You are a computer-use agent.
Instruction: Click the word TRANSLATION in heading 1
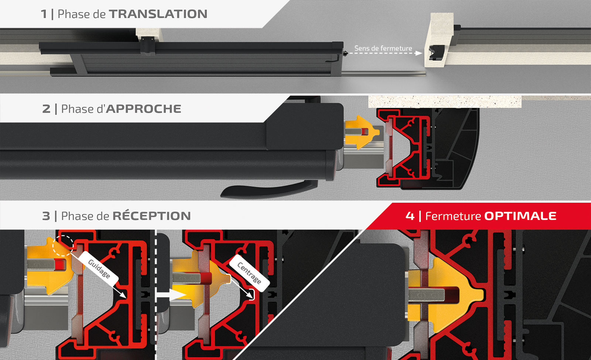click(158, 14)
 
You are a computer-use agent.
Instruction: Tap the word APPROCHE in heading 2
click(144, 109)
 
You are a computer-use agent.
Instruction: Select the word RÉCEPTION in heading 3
click(152, 216)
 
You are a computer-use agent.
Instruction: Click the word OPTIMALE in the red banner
click(520, 216)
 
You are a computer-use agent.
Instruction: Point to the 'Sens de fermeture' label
click(383, 48)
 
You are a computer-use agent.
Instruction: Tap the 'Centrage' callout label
click(249, 273)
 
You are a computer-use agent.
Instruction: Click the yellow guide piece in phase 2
click(362, 132)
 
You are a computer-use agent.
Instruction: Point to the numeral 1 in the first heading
click(44, 14)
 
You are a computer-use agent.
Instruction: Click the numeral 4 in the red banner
click(410, 216)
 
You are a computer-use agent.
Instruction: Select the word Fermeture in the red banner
click(453, 216)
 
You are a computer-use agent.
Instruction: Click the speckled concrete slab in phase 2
click(445, 102)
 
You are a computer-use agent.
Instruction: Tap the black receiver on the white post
click(436, 52)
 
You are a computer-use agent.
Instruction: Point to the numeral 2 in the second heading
click(46, 109)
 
